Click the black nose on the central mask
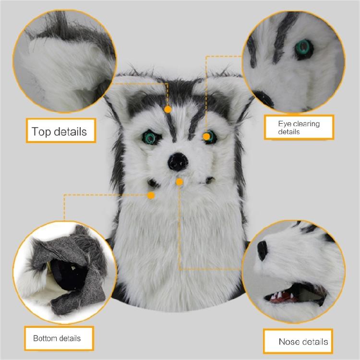(x=176, y=162)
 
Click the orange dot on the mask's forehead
(x=168, y=109)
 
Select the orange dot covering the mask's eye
(x=207, y=136)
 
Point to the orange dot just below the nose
(x=180, y=181)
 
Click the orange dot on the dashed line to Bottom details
(x=152, y=195)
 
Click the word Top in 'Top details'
(x=41, y=132)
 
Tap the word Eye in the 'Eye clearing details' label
(x=285, y=124)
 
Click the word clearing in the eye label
(x=306, y=124)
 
